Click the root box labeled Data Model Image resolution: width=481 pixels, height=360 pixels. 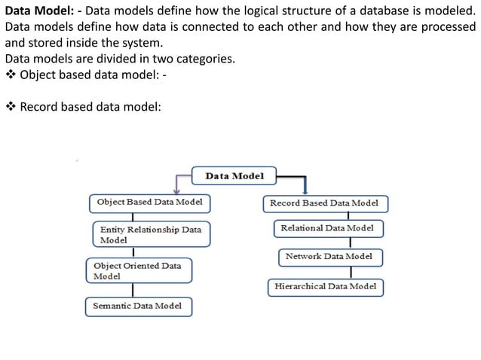[x=234, y=175]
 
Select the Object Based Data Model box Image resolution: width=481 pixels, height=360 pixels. [x=149, y=203]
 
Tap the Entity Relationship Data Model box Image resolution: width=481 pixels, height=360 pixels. [x=151, y=234]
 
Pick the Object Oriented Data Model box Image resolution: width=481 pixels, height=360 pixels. [x=138, y=271]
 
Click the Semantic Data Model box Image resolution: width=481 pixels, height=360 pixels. [x=138, y=307]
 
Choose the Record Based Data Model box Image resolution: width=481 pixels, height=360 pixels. [x=325, y=203]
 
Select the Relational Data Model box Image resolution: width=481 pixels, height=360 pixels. [x=326, y=228]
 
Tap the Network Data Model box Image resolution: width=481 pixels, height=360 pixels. [x=329, y=257]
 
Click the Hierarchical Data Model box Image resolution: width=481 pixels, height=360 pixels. [x=326, y=287]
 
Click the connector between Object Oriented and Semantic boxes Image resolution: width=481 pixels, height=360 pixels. [x=134, y=289]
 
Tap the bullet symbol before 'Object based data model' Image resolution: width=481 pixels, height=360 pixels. [x=10, y=75]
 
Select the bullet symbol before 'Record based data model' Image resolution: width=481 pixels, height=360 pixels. [x=10, y=107]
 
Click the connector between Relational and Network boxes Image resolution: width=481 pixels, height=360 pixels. [x=351, y=243]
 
